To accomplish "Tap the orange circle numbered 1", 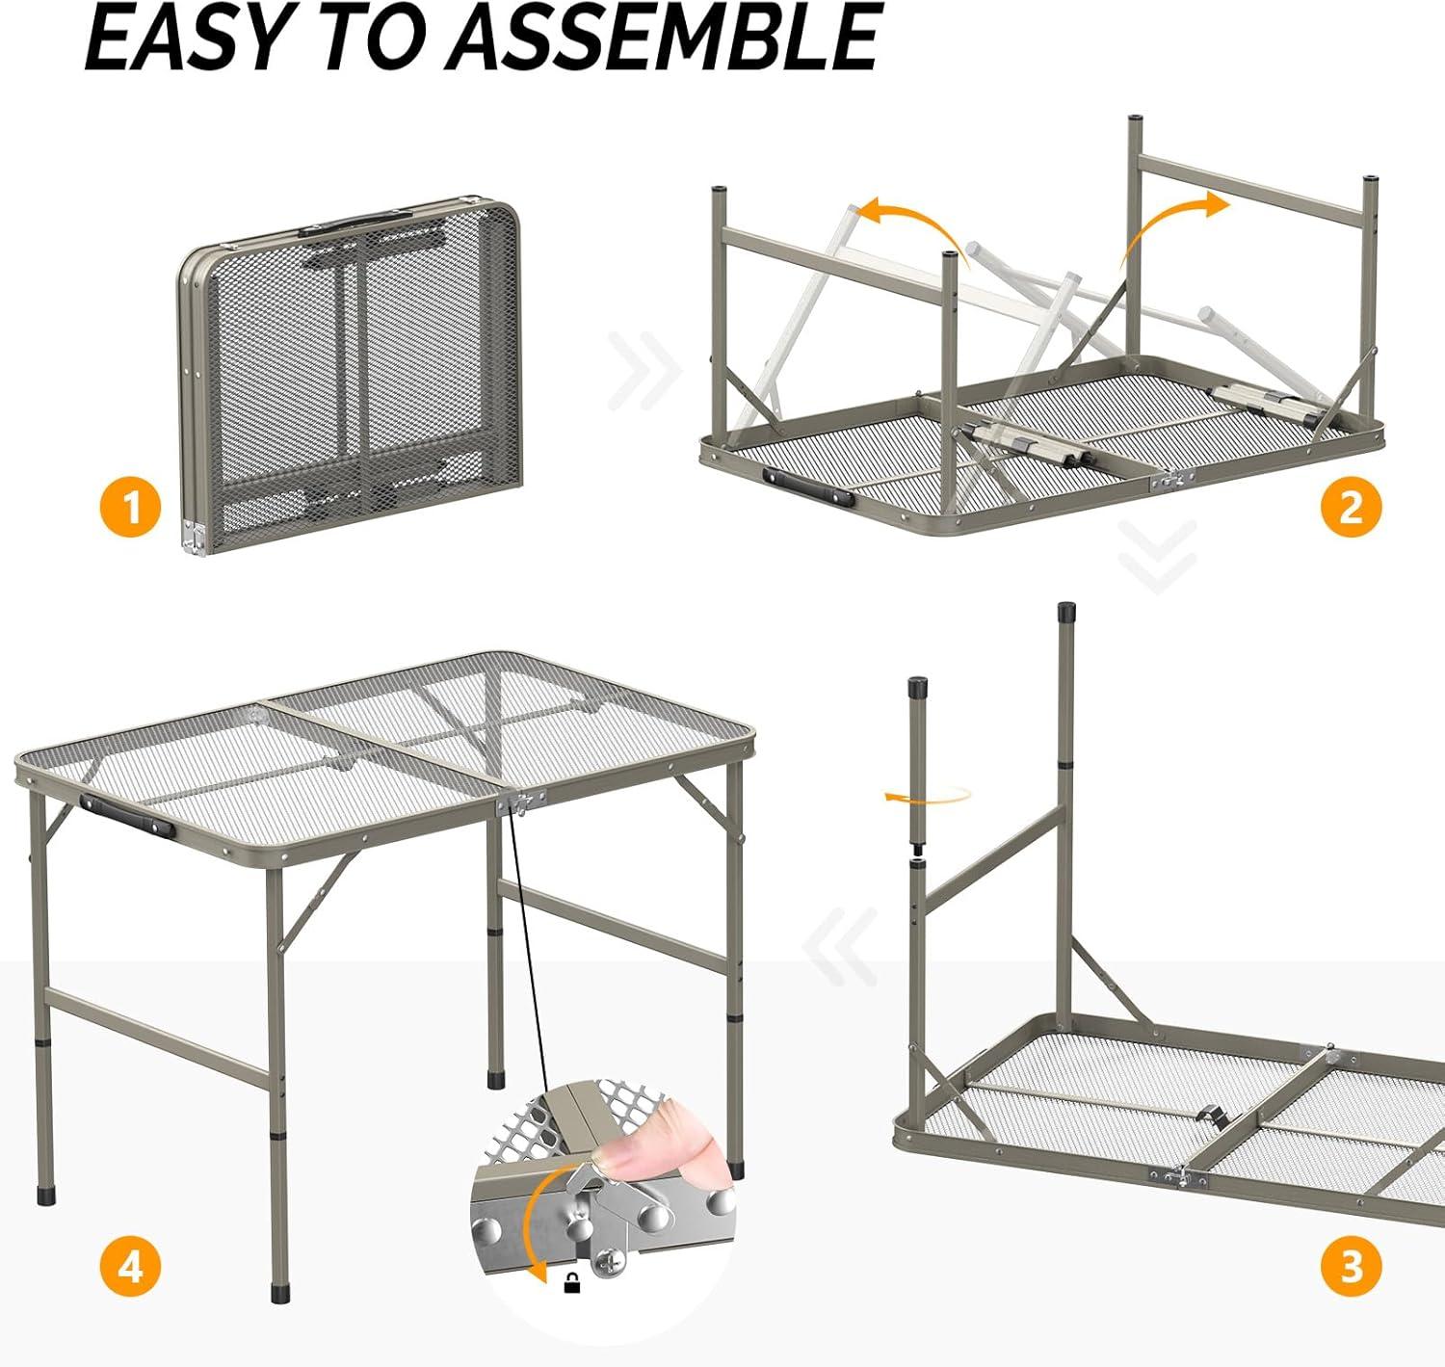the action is tap(131, 507).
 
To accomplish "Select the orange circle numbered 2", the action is tap(1351, 507).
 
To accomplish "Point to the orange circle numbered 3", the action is tap(1351, 1266).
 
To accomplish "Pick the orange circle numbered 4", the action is tap(131, 1266).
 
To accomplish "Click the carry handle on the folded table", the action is tap(355, 222).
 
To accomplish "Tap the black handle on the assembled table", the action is tap(126, 816).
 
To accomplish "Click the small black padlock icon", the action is tap(569, 1303).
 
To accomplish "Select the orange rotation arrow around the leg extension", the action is tap(928, 795).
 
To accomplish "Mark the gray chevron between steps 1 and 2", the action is tap(644, 371).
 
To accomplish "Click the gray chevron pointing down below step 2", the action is tap(1158, 557).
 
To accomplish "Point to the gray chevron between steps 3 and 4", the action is tap(840, 947).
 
